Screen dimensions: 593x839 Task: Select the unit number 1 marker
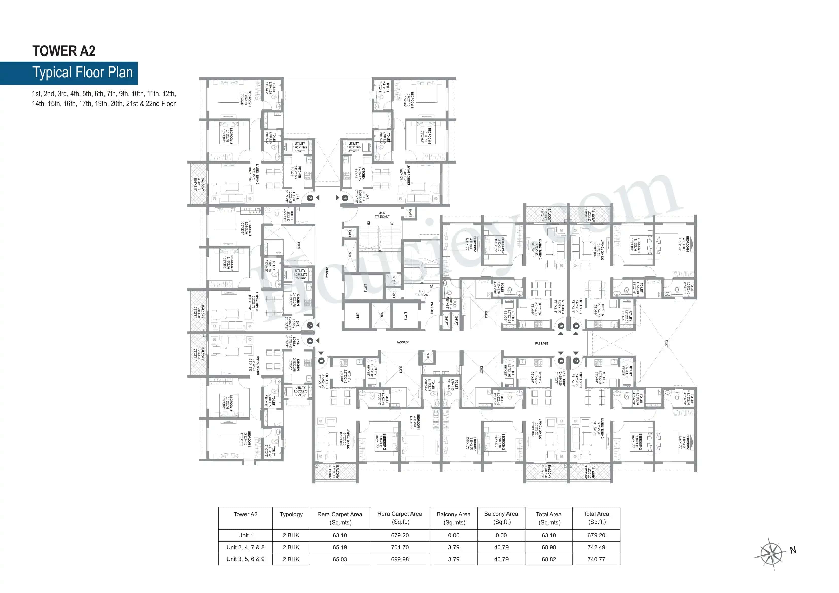point(345,198)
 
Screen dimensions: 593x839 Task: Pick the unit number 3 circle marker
point(310,325)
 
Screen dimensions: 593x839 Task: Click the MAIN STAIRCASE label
point(382,215)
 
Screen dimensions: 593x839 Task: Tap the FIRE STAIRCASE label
point(422,293)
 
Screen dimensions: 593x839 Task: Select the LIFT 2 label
point(365,288)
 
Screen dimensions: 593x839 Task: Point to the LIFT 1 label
point(357,316)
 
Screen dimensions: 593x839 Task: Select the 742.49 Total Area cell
point(596,547)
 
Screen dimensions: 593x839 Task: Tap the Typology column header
point(291,514)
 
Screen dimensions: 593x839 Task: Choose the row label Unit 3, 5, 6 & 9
point(245,559)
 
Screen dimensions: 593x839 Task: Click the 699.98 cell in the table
point(400,559)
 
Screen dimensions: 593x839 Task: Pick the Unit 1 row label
point(245,535)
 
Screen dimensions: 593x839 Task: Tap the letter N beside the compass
point(793,550)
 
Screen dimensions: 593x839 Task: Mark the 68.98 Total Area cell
point(549,547)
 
